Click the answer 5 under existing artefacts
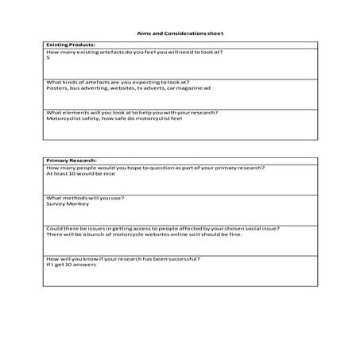pos(48,58)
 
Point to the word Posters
pos(56,88)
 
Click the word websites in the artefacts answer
pos(113,88)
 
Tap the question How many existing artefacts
pos(134,52)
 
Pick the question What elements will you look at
pos(132,112)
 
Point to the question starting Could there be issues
pos(168,228)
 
